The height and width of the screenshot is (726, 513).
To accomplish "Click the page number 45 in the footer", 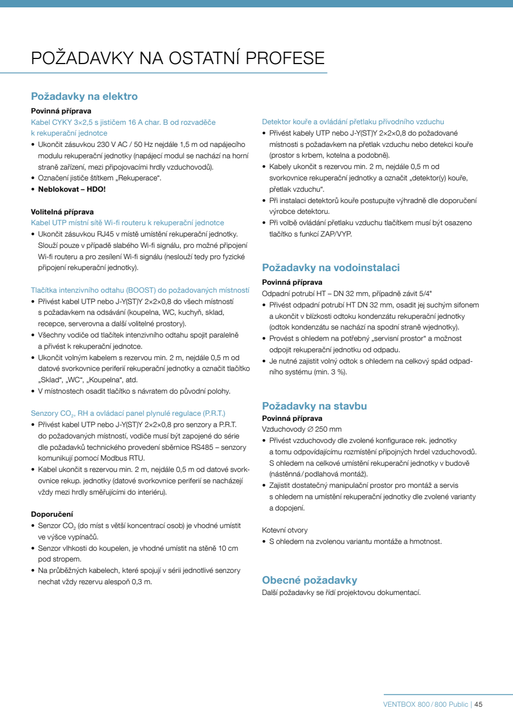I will click(478, 704).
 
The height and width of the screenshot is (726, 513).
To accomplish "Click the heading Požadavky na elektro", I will click(84, 96).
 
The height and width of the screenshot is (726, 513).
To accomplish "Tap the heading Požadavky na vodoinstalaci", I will click(330, 268).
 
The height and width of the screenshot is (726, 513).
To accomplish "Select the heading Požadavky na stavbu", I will click(314, 406).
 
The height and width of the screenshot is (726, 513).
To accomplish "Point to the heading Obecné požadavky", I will click(309, 580).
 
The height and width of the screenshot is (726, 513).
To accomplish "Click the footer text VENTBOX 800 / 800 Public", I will click(426, 704).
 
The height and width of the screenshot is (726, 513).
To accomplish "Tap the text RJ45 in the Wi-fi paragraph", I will click(116, 234).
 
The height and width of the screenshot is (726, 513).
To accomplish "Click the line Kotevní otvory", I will click(285, 530).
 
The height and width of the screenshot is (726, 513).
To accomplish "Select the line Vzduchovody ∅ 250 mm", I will click(302, 429).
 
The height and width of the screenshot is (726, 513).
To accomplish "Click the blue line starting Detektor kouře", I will click(353, 121).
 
